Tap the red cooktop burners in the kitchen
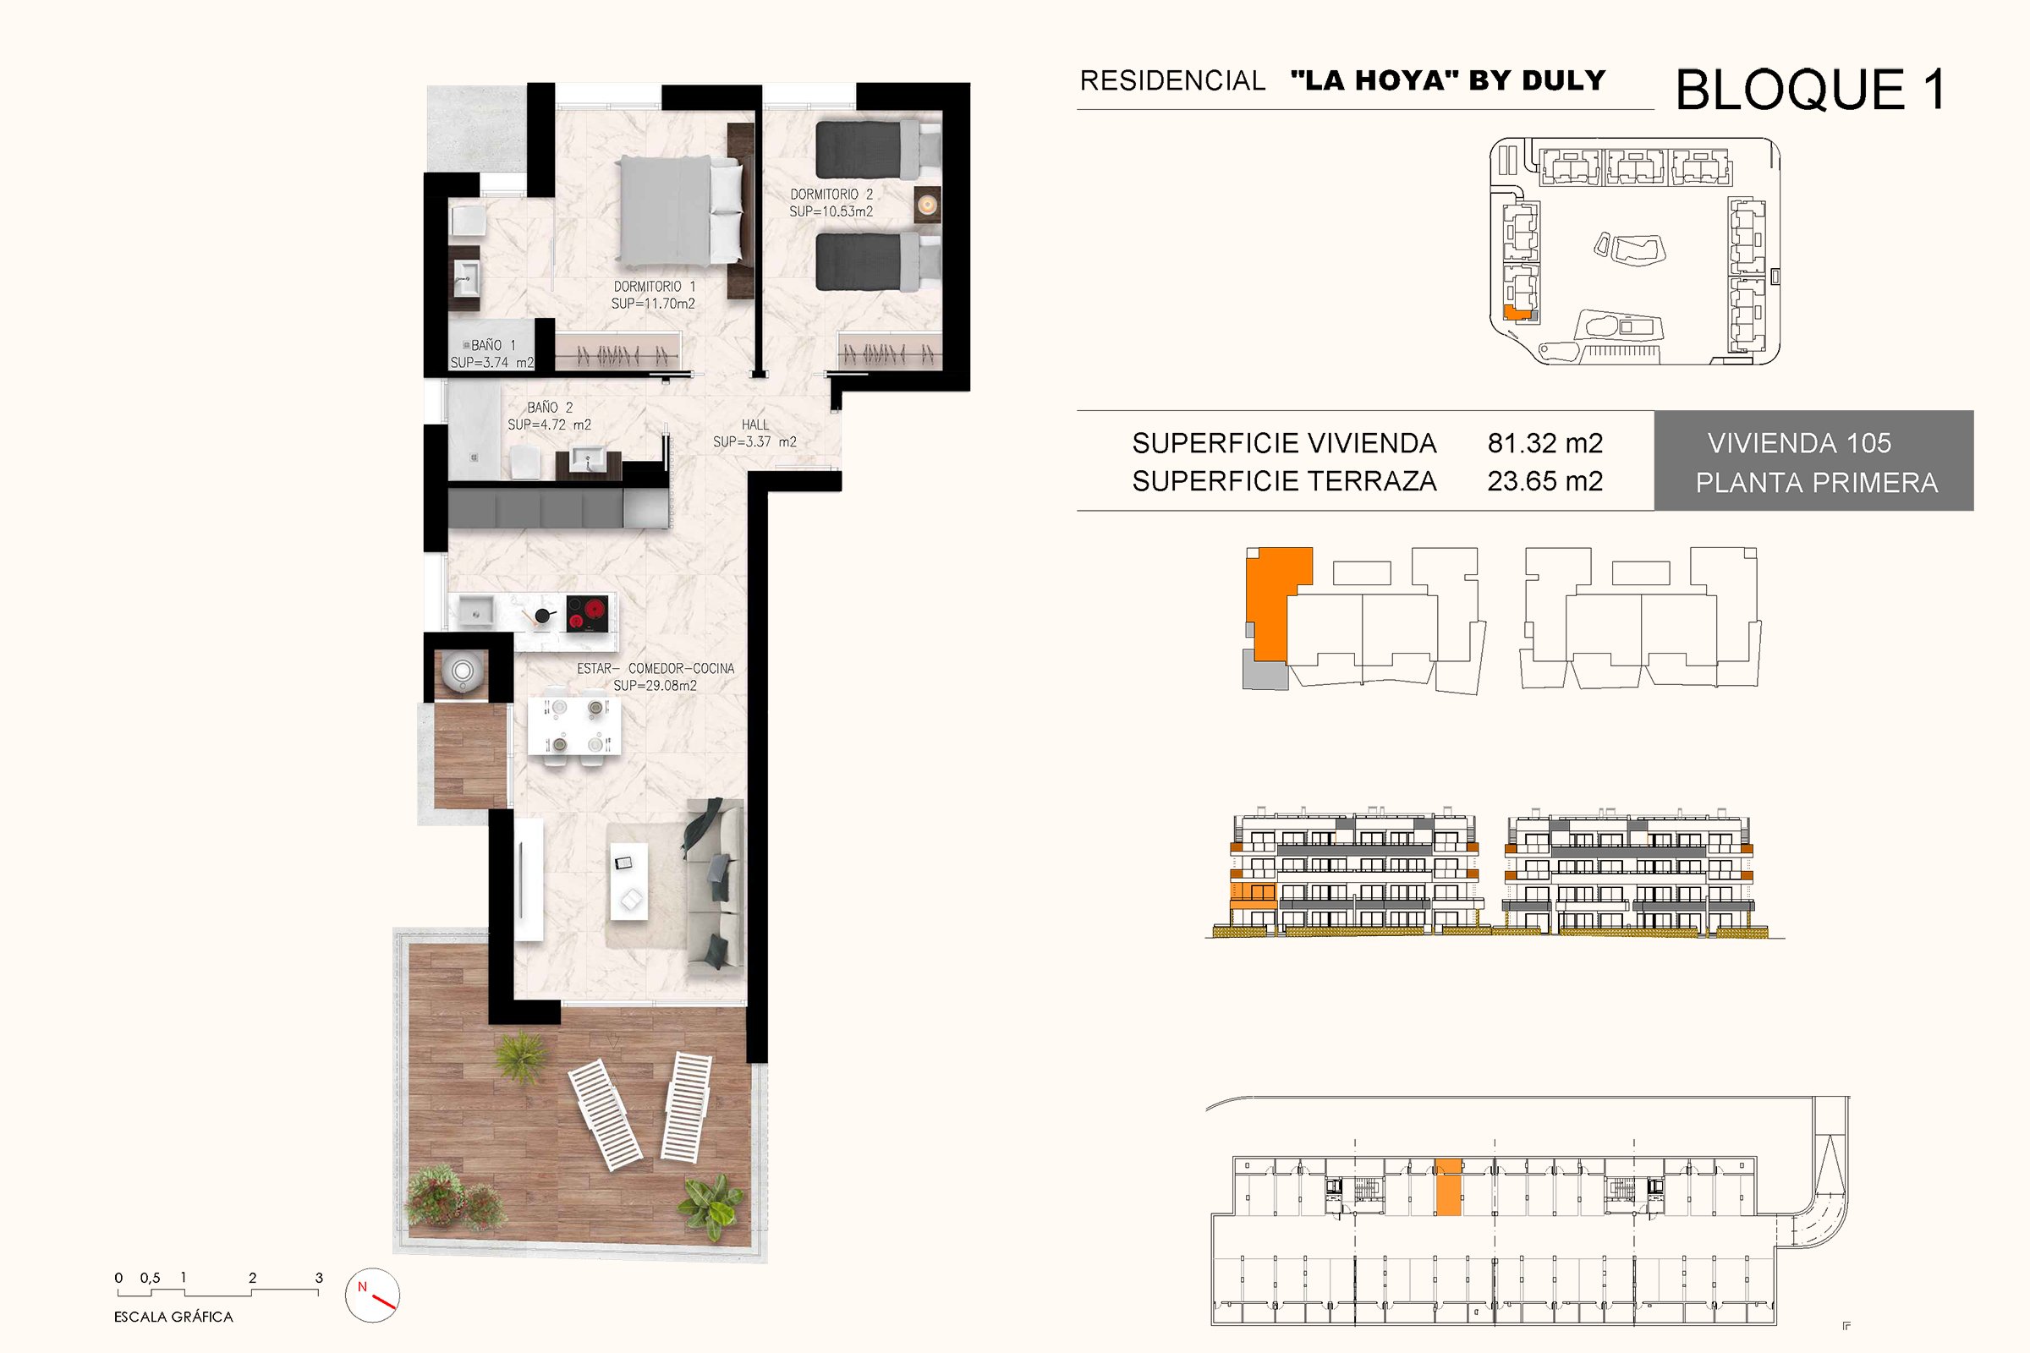point(587,614)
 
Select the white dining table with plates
point(574,726)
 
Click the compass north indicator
point(372,1295)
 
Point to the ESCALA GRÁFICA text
point(173,1317)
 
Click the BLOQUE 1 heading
point(1811,89)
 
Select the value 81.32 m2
point(1545,442)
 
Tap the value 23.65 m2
point(1545,480)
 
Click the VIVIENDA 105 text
point(1800,442)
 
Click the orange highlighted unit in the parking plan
point(1449,1187)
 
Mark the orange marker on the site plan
point(1515,313)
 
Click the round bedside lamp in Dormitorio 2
point(927,205)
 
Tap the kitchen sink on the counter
point(475,611)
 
